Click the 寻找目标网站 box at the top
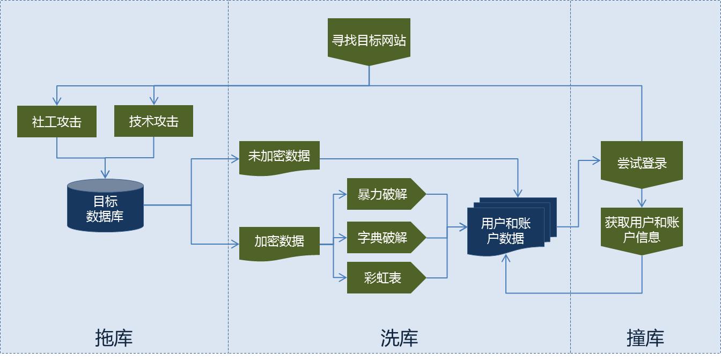pos(369,40)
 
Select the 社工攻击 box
pos(57,121)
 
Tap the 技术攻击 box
pos(153,121)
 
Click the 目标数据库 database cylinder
pos(105,208)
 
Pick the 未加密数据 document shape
pos(279,157)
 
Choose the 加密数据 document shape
pos(279,242)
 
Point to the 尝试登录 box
pos(642,163)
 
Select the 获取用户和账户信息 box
pos(642,230)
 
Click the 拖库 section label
pos(113,338)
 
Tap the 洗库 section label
pos(399,338)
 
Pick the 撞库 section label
pos(645,338)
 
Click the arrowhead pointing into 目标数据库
pos(105,174)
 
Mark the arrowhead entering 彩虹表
pos(343,277)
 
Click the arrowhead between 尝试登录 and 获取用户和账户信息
pos(642,203)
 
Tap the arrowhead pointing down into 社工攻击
pos(57,101)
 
